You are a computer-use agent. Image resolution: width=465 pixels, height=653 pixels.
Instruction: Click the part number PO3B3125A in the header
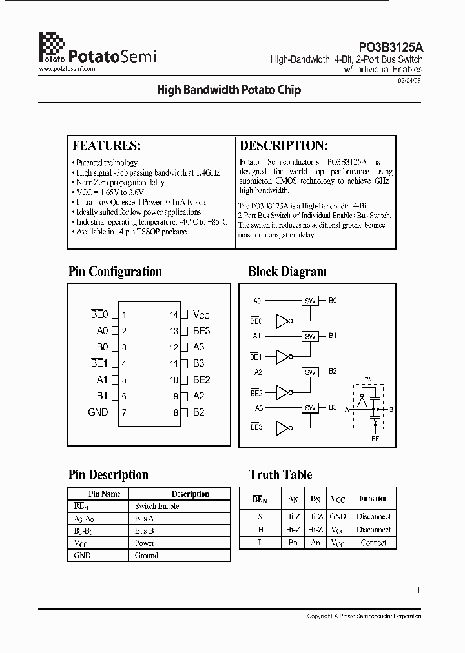(x=391, y=47)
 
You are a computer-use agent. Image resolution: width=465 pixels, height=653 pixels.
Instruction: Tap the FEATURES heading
(x=106, y=145)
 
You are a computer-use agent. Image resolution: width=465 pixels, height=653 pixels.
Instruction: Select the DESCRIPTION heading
(x=284, y=145)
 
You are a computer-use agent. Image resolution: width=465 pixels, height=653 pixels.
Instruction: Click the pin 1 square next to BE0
(x=115, y=315)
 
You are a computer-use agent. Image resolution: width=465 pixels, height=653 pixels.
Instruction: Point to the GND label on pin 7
(x=98, y=412)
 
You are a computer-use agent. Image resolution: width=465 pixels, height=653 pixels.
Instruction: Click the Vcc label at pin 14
(x=201, y=315)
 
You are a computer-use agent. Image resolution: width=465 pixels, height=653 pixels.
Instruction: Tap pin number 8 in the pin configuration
(x=175, y=412)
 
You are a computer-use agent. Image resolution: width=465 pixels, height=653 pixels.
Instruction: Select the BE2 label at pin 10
(x=201, y=380)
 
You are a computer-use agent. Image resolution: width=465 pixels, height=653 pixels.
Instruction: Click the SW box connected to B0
(x=310, y=301)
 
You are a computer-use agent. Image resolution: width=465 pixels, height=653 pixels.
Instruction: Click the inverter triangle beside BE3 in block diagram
(x=284, y=427)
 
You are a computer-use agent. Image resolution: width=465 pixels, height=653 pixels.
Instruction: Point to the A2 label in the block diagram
(x=258, y=372)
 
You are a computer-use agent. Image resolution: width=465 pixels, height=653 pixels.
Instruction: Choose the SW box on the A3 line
(x=310, y=408)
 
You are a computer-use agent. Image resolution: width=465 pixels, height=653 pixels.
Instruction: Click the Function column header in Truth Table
(x=373, y=499)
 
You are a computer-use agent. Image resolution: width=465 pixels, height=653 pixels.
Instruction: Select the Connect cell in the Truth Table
(x=373, y=543)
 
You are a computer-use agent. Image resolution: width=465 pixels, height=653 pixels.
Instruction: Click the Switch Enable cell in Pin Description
(x=157, y=507)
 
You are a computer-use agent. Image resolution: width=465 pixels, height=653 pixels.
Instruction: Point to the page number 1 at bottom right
(x=418, y=590)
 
